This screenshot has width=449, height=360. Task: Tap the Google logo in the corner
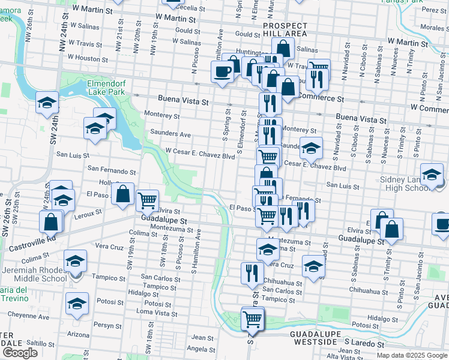tap(20, 353)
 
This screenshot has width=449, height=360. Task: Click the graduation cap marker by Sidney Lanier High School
tap(431, 175)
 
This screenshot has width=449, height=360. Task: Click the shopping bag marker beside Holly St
tap(123, 194)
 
